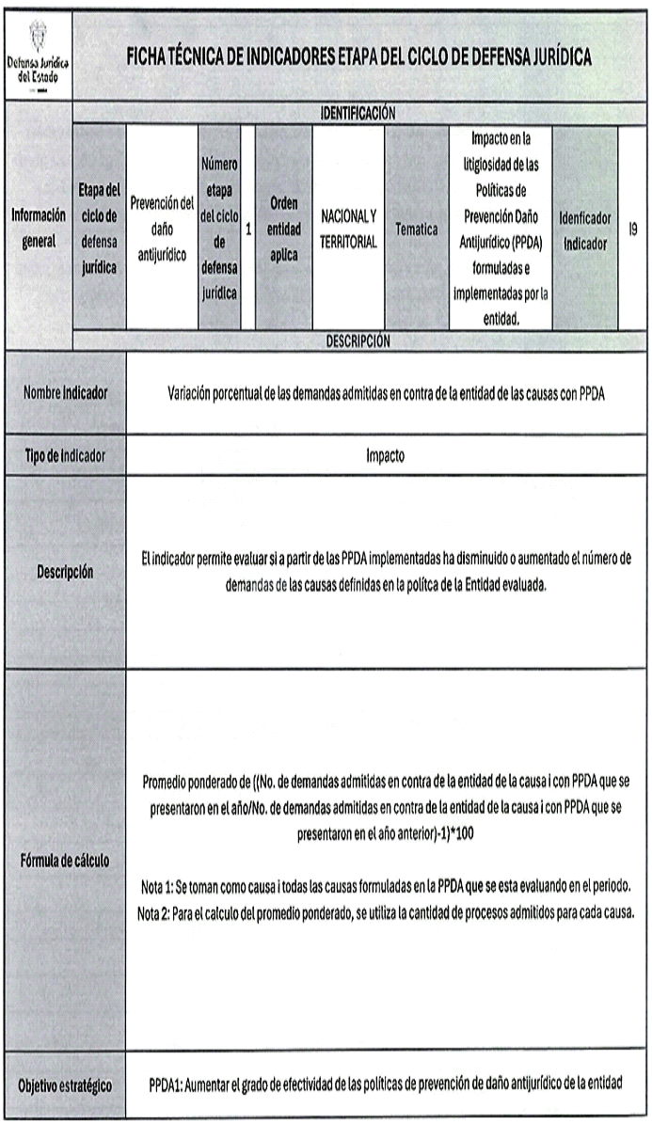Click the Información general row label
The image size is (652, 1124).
(x=38, y=228)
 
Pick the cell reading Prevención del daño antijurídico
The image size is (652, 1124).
(x=161, y=228)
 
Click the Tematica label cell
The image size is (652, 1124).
(x=416, y=228)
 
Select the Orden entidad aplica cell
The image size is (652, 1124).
(x=283, y=228)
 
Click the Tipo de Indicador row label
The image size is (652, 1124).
(x=64, y=455)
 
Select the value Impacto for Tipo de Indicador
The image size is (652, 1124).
(x=386, y=455)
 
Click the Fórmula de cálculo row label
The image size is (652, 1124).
(x=64, y=861)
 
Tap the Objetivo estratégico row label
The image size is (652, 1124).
(x=64, y=1084)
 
